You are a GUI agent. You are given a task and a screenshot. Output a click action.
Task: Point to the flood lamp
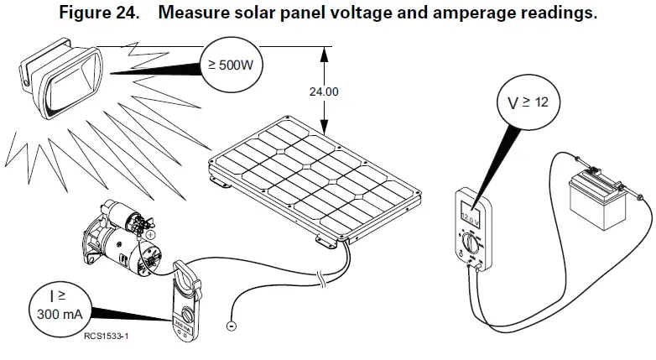click(x=63, y=79)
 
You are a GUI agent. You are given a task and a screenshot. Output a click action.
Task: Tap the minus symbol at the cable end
click(x=232, y=326)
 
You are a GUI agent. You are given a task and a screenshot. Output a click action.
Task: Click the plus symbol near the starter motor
click(x=150, y=236)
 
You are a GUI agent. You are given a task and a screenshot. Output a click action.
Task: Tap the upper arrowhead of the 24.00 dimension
click(x=322, y=52)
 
